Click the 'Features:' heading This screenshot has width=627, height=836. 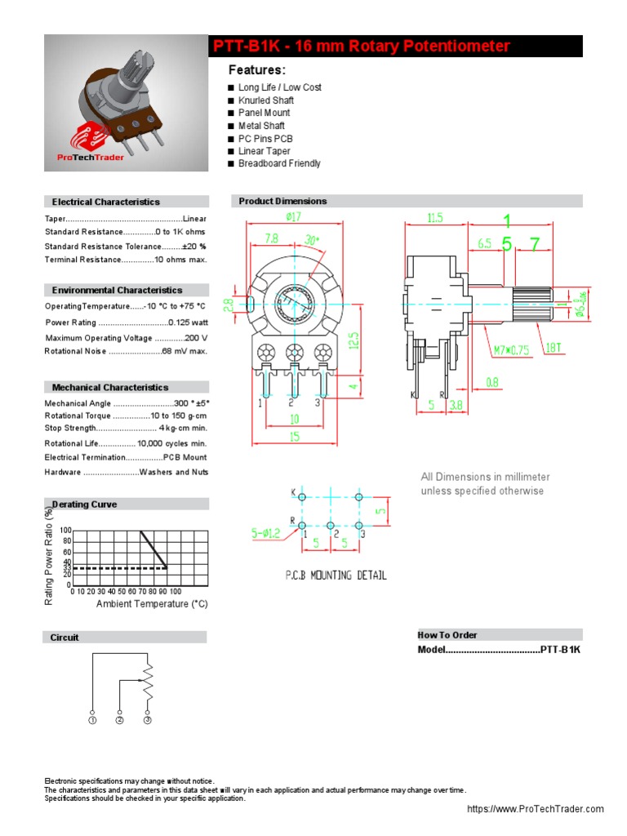(x=256, y=70)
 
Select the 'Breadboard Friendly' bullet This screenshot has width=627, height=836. (x=279, y=163)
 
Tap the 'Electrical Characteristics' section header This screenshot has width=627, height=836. (x=106, y=202)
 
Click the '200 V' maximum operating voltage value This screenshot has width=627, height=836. (x=196, y=337)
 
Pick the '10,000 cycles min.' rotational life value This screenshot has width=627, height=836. (x=172, y=443)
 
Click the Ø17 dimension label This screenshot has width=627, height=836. (x=294, y=217)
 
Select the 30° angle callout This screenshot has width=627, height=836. (x=312, y=240)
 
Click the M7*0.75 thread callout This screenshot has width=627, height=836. (x=510, y=350)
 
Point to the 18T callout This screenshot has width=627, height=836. (x=554, y=348)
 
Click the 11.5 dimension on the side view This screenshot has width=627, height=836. (x=435, y=218)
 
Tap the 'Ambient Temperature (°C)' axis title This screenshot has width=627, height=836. (x=152, y=604)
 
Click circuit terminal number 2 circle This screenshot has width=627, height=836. (x=120, y=720)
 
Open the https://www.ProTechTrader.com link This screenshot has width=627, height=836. (x=535, y=809)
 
